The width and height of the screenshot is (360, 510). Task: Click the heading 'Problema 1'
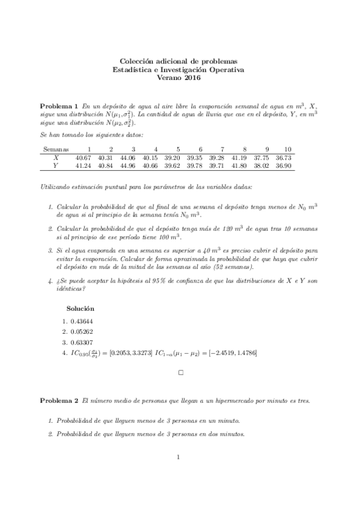(59, 105)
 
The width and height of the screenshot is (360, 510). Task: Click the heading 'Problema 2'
(59, 400)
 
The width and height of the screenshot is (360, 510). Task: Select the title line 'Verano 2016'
(179, 78)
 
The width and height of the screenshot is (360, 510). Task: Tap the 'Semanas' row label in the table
(56, 149)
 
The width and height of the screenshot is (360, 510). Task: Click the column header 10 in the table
(288, 149)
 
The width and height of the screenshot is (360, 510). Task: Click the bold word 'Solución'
(80, 308)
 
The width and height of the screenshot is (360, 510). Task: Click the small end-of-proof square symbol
(180, 373)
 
